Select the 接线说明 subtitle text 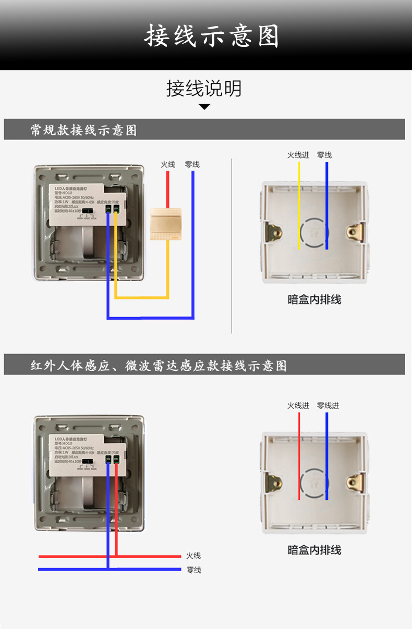(x=204, y=89)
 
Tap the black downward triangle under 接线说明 (x=204, y=107)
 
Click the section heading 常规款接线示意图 (x=83, y=130)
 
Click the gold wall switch (x=166, y=224)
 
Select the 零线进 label (x=328, y=406)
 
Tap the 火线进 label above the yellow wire (x=298, y=155)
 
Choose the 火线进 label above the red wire (x=298, y=406)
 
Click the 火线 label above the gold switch (x=167, y=165)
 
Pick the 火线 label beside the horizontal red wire (x=193, y=556)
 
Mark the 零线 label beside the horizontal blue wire (x=193, y=570)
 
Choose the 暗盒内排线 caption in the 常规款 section (x=314, y=300)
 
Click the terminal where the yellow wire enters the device (x=116, y=209)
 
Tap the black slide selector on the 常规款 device (x=89, y=212)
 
